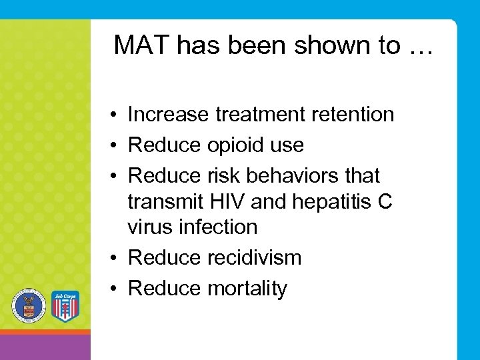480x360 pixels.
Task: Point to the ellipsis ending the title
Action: [417, 47]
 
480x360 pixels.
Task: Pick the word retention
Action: [351, 115]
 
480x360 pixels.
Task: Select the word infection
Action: [217, 227]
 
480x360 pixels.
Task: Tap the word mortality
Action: [247, 289]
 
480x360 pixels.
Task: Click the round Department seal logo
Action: [28, 307]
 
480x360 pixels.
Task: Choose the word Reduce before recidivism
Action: [164, 257]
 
